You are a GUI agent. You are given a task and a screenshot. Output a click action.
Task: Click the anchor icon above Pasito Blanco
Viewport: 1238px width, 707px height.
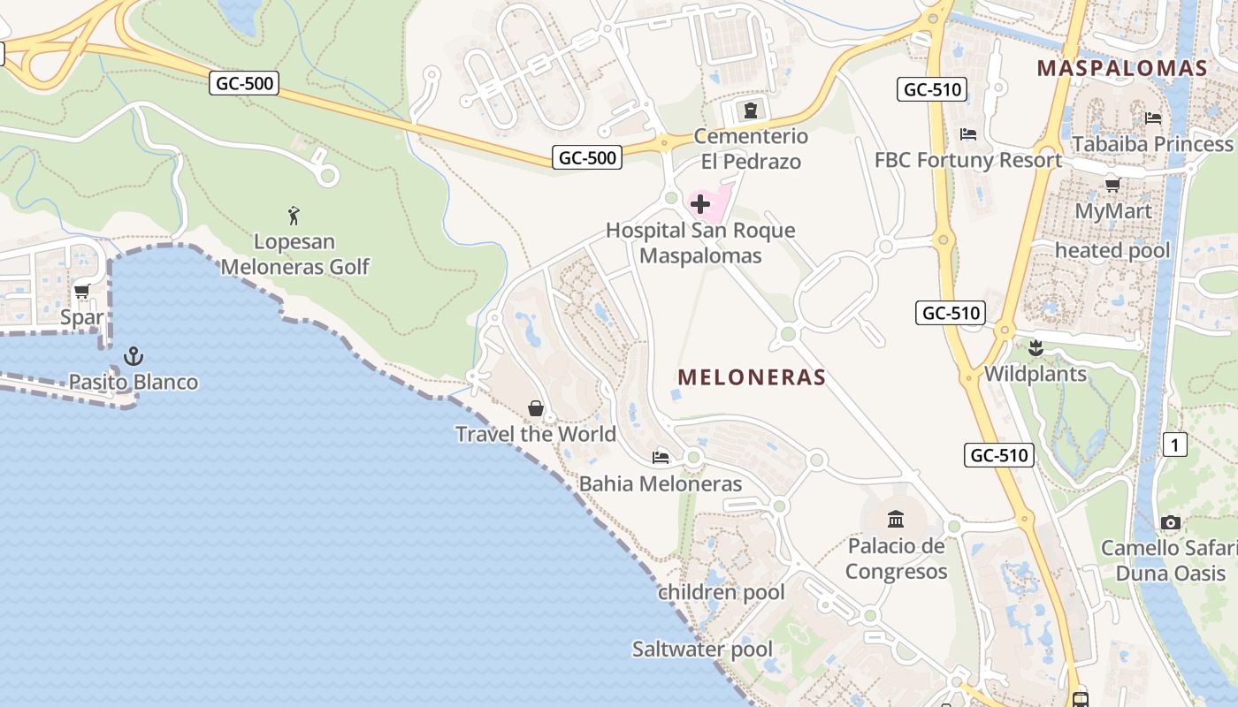[x=134, y=356]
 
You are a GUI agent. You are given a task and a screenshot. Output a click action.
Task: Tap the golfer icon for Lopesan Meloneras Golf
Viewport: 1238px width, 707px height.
[x=294, y=215]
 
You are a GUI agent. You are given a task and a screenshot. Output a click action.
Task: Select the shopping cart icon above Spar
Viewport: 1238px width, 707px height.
[x=82, y=291]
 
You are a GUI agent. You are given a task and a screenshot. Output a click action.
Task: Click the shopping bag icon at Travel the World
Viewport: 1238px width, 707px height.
[x=536, y=407]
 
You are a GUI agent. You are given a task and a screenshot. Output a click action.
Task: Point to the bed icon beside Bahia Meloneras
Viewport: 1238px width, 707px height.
[x=660, y=457]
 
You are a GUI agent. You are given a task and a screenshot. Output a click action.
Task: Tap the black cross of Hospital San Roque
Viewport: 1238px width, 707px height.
[x=700, y=205]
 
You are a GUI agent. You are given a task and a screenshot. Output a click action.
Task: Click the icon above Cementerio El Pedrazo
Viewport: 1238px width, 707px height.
[x=751, y=110]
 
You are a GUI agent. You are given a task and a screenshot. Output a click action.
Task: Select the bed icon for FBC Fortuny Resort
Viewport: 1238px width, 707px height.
[x=968, y=134]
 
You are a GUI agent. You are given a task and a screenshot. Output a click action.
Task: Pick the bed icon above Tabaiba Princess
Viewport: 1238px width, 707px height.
[x=1153, y=118]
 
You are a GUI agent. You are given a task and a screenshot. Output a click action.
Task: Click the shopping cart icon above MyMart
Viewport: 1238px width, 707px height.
[x=1113, y=185]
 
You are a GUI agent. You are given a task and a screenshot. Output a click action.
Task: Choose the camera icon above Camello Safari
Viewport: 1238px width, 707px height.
[x=1171, y=522]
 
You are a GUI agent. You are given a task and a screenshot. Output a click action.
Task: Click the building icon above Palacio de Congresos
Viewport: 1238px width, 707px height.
[x=896, y=519]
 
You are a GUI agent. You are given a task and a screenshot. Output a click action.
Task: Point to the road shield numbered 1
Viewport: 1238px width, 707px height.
[x=1174, y=445]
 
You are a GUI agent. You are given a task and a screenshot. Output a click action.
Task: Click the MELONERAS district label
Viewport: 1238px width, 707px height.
[x=752, y=377]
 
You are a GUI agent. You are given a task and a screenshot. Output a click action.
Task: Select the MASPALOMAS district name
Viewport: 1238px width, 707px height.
[x=1122, y=68]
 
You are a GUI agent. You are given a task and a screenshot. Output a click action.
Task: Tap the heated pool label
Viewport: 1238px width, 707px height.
[x=1112, y=250]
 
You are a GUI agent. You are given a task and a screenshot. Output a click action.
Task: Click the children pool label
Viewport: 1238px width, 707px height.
[x=722, y=592]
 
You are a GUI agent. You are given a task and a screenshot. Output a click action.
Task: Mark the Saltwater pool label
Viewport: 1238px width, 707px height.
[x=702, y=650]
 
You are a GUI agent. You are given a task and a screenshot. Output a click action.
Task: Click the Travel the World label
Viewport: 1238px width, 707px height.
[x=536, y=434]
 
